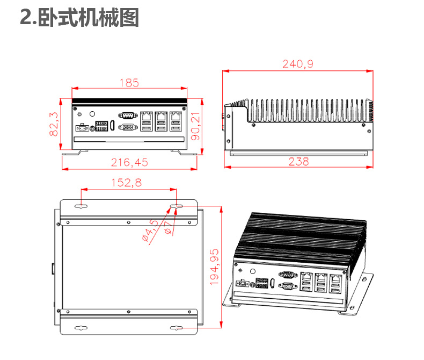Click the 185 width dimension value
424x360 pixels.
point(129,83)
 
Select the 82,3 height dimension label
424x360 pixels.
point(54,124)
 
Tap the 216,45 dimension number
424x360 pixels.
point(129,162)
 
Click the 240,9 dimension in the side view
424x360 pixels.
point(298,64)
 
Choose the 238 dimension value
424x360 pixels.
point(298,161)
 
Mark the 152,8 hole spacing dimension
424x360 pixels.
point(127,183)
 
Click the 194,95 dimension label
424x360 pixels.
point(214,267)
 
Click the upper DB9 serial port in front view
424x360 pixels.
point(128,114)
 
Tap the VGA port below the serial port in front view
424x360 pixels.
point(128,127)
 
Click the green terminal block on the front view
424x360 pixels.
point(101,126)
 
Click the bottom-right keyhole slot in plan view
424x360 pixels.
point(176,328)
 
